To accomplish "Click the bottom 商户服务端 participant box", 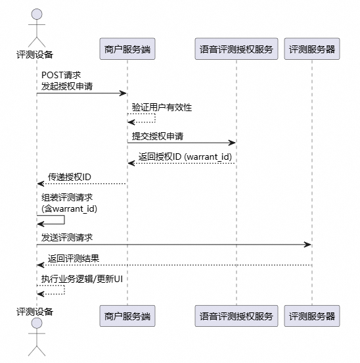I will (127, 316).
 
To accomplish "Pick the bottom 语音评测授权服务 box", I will (236, 316).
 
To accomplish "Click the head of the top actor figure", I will (36, 14).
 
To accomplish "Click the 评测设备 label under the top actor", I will (35, 55).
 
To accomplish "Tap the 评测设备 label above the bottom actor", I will (35, 311).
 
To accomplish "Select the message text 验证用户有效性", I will (162, 107).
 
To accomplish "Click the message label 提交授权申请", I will (157, 136).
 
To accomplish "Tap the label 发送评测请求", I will (67, 237).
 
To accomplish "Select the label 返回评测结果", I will (74, 258).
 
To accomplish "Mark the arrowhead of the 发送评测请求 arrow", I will (308, 245).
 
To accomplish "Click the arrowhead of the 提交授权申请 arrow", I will (232, 143).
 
